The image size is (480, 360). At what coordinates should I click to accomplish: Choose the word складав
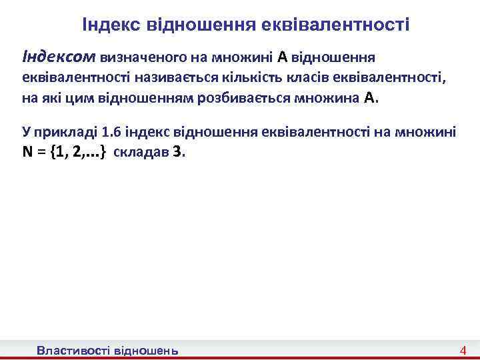click(x=141, y=152)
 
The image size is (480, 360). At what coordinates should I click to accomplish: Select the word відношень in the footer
click(x=147, y=350)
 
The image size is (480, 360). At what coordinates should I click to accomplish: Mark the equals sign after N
click(x=41, y=152)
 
